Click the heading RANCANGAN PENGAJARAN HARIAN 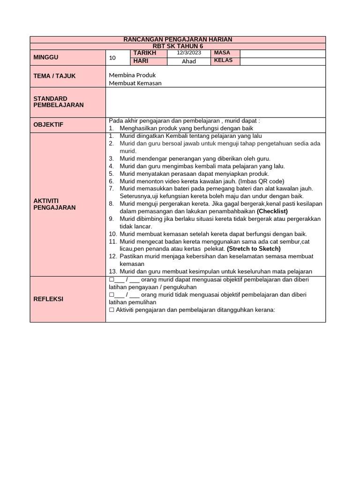pyautogui.click(x=178, y=39)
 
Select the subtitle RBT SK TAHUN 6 pyautogui.click(x=178, y=46)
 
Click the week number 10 pyautogui.click(x=112, y=58)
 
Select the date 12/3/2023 pyautogui.click(x=188, y=53)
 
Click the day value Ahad pyautogui.click(x=188, y=61)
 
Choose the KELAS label pyautogui.click(x=223, y=61)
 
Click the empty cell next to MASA pyautogui.click(x=282, y=53)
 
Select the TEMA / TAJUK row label pyautogui.click(x=54, y=76)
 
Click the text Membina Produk pyautogui.click(x=132, y=75)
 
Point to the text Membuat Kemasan pyautogui.click(x=135, y=83)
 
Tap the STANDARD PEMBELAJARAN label pyautogui.click(x=59, y=102)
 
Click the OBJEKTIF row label pyautogui.click(x=48, y=125)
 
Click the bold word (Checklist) pyautogui.click(x=272, y=211)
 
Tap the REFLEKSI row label pyautogui.click(x=48, y=299)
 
